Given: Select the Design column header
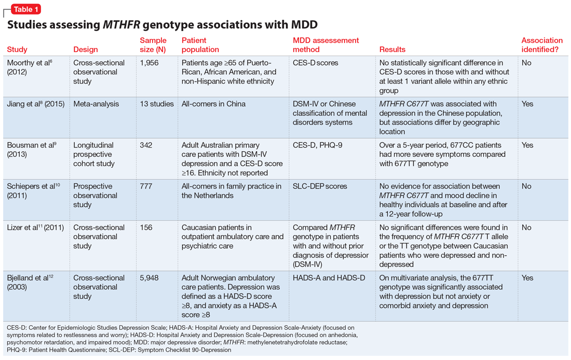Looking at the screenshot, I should pyautogui.click(x=85, y=50).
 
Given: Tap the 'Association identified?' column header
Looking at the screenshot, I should pyautogui.click(x=542, y=45).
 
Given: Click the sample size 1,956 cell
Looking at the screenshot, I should pyautogui.click(x=149, y=63).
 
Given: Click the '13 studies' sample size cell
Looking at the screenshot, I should pyautogui.click(x=157, y=104).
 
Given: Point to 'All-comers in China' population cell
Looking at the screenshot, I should pyautogui.click(x=213, y=104).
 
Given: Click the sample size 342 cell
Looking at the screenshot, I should pyautogui.click(x=146, y=145).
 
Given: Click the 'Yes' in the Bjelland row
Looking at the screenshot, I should pyautogui.click(x=527, y=278).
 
